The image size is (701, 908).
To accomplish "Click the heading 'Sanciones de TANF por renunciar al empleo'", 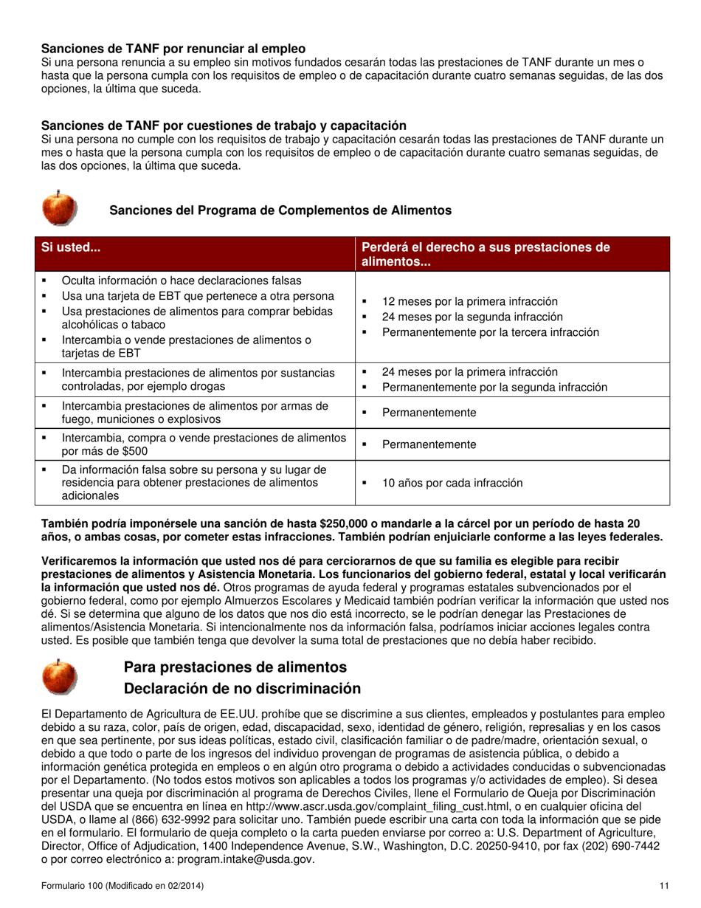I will tap(173, 49).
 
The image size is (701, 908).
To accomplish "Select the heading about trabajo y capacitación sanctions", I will tap(224, 125).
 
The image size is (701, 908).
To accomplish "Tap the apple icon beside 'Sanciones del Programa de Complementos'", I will tap(59, 207).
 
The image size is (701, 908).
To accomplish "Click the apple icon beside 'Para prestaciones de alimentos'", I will tap(59, 677).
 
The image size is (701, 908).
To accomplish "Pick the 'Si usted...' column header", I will tap(71, 248).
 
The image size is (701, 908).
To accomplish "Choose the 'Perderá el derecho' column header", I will tap(486, 254).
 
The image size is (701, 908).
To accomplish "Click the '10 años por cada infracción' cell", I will tap(452, 484).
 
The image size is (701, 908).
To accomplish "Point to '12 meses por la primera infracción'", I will tap(469, 301).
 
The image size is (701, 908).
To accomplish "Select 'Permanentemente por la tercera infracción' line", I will tap(490, 332).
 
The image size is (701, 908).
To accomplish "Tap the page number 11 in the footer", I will tap(664, 885).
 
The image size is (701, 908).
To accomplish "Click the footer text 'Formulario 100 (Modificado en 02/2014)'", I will tap(123, 885).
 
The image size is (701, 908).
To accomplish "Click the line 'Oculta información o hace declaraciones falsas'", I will tap(182, 281).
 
